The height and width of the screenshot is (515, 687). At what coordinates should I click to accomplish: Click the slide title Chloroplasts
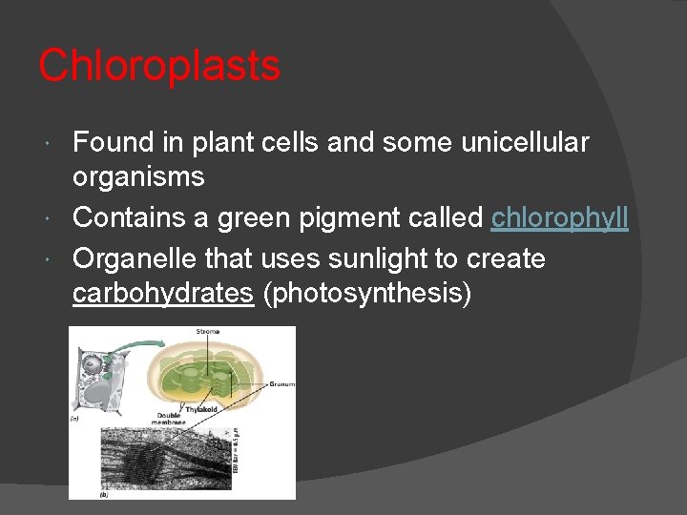tap(159, 66)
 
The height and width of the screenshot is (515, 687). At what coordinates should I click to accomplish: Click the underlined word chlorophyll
tap(559, 217)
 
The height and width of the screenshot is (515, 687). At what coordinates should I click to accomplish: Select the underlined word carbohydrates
tap(162, 294)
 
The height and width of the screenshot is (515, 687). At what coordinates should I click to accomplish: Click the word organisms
tap(138, 177)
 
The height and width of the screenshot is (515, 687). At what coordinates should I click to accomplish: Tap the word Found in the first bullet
tap(113, 143)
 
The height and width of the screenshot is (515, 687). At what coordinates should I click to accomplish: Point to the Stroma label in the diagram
tap(207, 332)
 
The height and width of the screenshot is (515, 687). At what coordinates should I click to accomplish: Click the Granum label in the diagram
tap(281, 384)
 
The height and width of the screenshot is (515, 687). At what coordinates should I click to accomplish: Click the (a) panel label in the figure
tap(73, 418)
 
